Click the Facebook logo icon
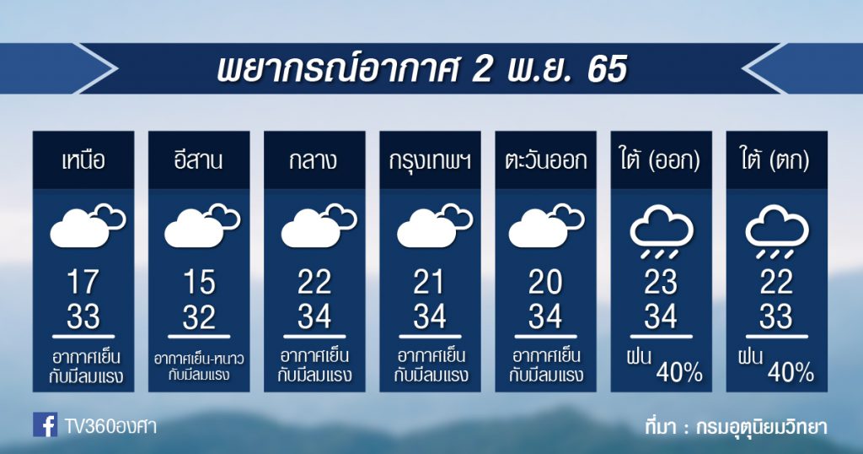tap(45, 424)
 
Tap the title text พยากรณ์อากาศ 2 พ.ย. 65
tap(422, 69)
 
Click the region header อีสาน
tap(199, 160)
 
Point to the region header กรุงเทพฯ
tap(430, 161)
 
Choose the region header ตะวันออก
tap(545, 161)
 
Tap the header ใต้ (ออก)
tap(661, 160)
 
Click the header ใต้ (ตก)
tap(776, 160)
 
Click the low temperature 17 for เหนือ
tap(83, 282)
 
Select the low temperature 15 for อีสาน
tap(199, 282)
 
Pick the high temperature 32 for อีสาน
tap(199, 316)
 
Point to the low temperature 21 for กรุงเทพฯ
tap(429, 282)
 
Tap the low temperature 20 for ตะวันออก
tap(545, 282)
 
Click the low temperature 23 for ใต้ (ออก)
tap(661, 282)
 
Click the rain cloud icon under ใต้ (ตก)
tap(776, 232)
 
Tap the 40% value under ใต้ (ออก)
tap(679, 373)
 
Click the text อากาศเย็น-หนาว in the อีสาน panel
tap(199, 359)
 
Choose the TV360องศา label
tap(110, 426)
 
